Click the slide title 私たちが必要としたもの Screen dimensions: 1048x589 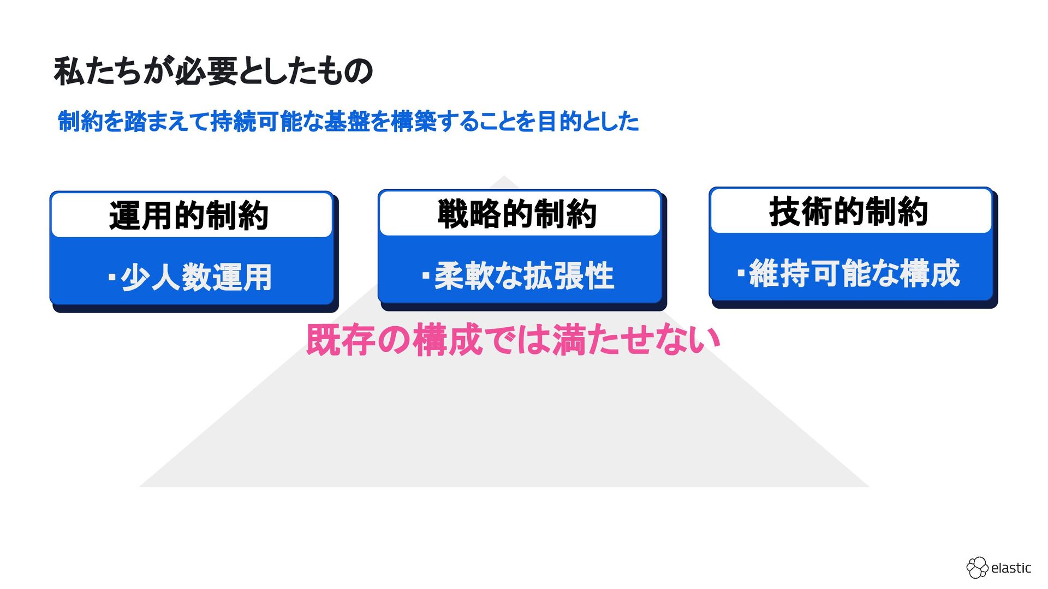[213, 71]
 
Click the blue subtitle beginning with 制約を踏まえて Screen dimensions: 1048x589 [348, 121]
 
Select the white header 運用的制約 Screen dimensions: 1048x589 [189, 215]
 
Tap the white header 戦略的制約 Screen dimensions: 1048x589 [517, 214]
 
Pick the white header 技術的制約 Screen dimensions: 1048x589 [849, 212]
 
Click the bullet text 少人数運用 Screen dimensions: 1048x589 [196, 277]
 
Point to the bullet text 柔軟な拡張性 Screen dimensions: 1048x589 [524, 275]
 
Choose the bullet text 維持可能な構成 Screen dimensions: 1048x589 [854, 273]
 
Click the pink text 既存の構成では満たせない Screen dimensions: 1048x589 [513, 340]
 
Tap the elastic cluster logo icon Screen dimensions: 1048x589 [977, 568]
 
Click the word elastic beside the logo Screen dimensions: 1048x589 [1011, 568]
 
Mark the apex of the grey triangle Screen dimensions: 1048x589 [504, 177]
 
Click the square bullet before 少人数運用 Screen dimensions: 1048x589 [112, 277]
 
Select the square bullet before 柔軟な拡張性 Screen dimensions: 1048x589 [426, 275]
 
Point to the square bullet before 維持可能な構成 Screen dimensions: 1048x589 [741, 273]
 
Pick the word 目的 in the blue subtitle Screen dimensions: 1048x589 [559, 121]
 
